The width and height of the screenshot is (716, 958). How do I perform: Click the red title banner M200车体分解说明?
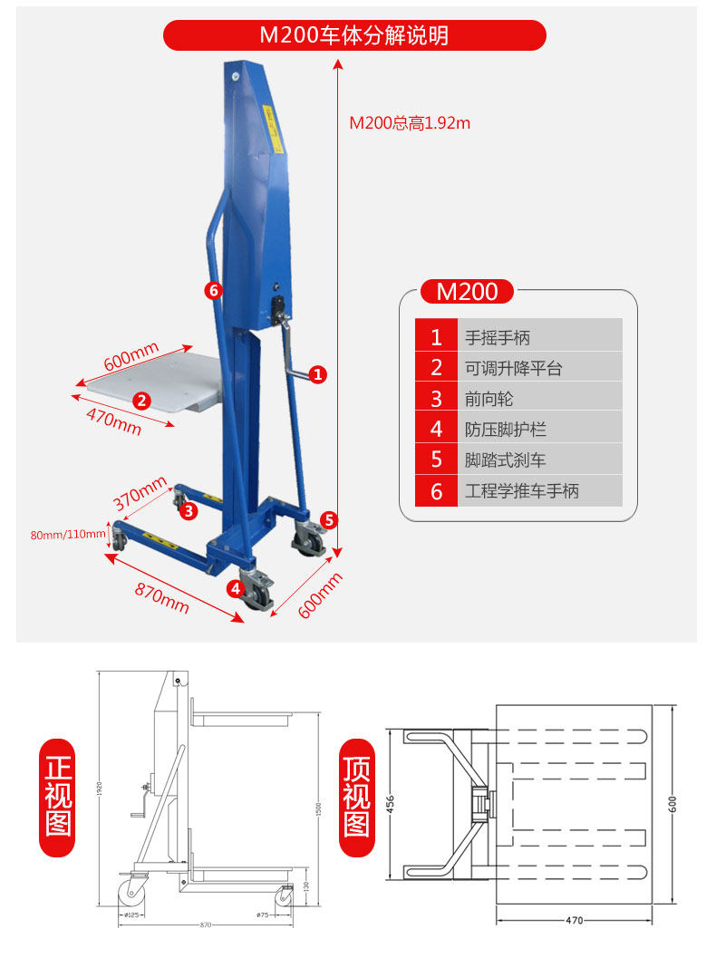354,35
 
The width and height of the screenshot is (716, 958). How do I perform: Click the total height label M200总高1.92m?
410,123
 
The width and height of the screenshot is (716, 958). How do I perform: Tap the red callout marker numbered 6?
213,290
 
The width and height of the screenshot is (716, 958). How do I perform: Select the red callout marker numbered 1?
317,373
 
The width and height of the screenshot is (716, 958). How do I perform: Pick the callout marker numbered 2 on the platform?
141,399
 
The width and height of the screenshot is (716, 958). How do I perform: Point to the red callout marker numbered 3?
189,511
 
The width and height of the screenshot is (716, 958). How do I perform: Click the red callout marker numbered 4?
235,588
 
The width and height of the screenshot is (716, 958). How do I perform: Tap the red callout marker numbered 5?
329,520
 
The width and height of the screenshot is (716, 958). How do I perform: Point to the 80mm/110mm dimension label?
68,534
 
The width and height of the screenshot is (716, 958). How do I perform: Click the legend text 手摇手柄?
498,338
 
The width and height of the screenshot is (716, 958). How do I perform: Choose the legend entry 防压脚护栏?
506,430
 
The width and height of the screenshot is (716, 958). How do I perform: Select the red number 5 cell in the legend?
436,460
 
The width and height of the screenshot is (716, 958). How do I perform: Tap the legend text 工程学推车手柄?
521,491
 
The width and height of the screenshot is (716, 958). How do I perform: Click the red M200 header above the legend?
467,292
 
